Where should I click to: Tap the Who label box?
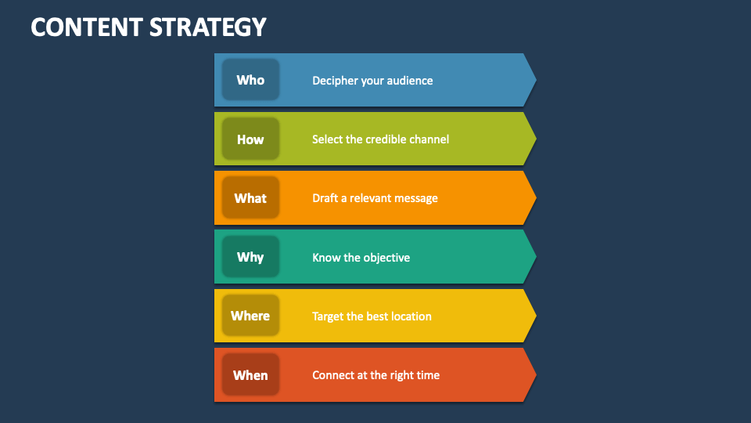pos(250,80)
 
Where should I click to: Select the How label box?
pos(250,139)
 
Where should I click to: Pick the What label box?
pos(250,198)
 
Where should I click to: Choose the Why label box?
pos(250,257)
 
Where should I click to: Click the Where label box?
pos(250,316)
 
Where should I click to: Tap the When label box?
pos(250,375)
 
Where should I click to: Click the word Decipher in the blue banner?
pos(335,80)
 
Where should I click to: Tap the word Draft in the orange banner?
pos(326,198)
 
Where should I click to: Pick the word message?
pos(415,198)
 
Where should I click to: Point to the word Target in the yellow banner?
pos(329,316)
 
